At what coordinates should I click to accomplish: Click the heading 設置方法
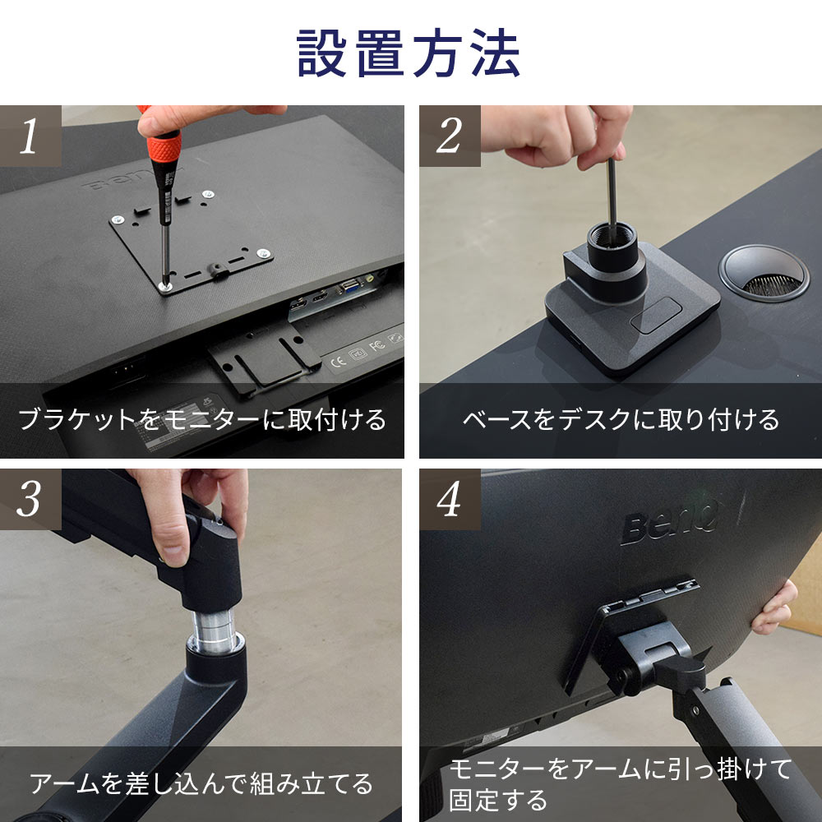pyautogui.click(x=409, y=53)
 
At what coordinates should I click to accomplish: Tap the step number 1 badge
pyautogui.click(x=30, y=136)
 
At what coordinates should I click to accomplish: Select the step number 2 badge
pyautogui.click(x=450, y=136)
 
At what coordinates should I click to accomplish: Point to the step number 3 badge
pyautogui.click(x=30, y=499)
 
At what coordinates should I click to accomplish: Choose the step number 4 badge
pyautogui.click(x=450, y=499)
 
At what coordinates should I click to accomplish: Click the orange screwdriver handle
pyautogui.click(x=164, y=147)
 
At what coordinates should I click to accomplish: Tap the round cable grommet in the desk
pyautogui.click(x=764, y=273)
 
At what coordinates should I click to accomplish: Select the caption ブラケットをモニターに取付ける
pyautogui.click(x=202, y=419)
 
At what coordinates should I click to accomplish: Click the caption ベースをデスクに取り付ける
pyautogui.click(x=621, y=419)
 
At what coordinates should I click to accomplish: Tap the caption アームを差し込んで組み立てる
pyautogui.click(x=201, y=783)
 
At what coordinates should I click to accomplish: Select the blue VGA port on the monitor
pyautogui.click(x=350, y=286)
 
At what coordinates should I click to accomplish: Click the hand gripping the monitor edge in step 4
pyautogui.click(x=775, y=607)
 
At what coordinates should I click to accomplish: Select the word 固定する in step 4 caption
pyautogui.click(x=498, y=801)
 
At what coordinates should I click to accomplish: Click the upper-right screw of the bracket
pyautogui.click(x=208, y=194)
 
